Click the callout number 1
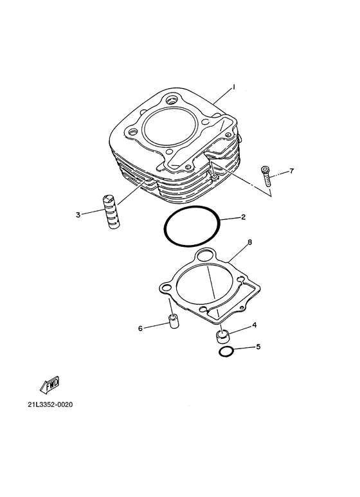[233, 87]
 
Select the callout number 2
[243, 217]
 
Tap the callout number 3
[78, 215]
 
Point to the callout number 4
[254, 325]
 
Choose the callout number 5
[258, 347]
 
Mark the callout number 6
[140, 329]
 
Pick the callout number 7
[292, 171]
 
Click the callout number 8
[249, 242]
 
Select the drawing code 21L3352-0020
[50, 405]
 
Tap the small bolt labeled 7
[265, 176]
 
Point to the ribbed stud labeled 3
[112, 212]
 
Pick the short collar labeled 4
[222, 336]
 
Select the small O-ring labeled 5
[226, 351]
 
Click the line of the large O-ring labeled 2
[163, 228]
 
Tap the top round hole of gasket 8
[206, 255]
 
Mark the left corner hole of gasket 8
[165, 288]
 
